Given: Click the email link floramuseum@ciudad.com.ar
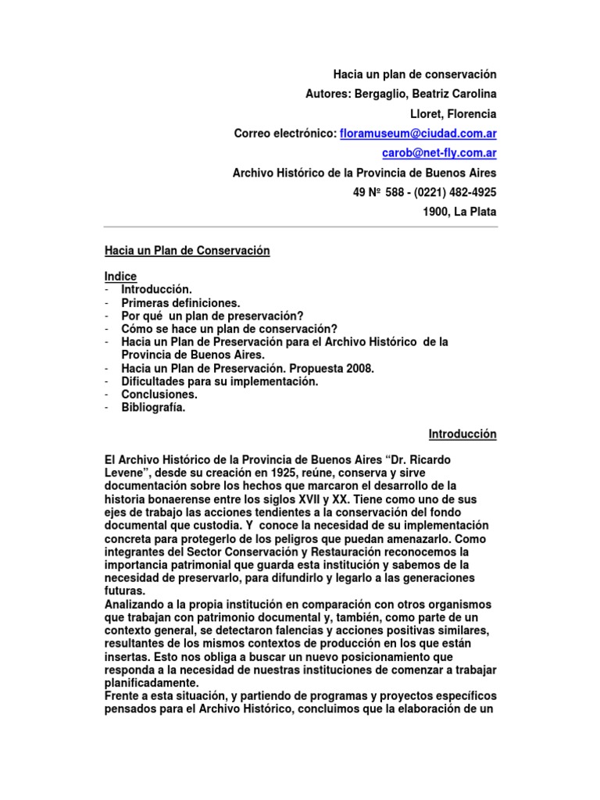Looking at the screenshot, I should tap(418, 134).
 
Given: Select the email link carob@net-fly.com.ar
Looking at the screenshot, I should tap(439, 153).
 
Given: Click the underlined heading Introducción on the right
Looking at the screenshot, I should tap(462, 434).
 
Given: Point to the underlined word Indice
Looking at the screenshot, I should tap(121, 276).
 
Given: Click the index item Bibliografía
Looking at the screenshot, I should tap(153, 407).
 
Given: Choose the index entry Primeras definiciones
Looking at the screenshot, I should tap(180, 302).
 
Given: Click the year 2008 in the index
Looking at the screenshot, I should tap(362, 368).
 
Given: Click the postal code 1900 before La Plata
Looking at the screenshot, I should tap(435, 212).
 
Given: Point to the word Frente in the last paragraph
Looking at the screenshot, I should tap(123, 696).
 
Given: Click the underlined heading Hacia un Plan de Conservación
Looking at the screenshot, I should tap(187, 251).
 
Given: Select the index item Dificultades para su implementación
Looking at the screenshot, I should tap(220, 381).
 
